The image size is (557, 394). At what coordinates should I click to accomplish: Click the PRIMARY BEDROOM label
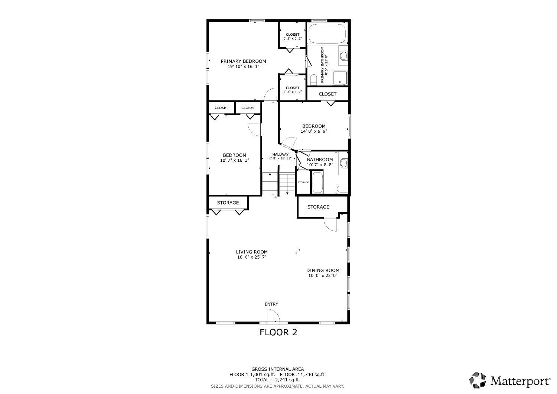243,61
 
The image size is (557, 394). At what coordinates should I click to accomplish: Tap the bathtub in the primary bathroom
327,33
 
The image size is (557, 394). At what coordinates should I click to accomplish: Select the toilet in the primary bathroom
313,80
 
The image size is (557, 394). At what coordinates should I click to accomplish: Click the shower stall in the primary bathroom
340,78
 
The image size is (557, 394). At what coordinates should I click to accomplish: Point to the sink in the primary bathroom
343,55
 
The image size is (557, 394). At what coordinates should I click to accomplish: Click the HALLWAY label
280,154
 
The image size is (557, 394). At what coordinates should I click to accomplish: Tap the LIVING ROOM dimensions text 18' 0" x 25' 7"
252,257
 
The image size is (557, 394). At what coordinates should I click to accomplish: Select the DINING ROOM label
323,270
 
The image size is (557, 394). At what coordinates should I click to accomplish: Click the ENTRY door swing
273,316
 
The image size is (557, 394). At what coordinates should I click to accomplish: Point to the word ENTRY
271,304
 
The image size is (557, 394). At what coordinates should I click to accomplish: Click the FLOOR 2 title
278,332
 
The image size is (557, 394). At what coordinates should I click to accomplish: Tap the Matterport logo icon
478,380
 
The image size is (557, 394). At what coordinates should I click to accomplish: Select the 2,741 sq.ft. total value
287,380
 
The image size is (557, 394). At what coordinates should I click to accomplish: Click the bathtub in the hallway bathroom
317,182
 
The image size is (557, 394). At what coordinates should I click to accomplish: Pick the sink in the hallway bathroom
343,163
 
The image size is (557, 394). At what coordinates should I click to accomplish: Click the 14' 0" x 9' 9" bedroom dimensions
314,131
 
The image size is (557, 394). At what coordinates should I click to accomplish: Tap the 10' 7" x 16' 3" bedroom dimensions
234,160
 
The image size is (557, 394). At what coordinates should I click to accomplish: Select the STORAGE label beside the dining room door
318,207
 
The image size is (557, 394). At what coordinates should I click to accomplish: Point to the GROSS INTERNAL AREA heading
277,369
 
